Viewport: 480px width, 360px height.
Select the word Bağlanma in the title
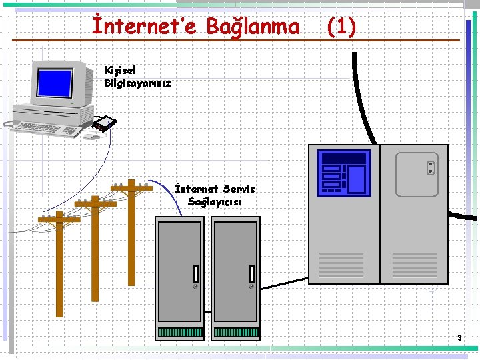tap(253, 27)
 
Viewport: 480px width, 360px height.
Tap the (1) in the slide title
tap(341, 27)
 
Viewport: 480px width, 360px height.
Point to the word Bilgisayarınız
tap(138, 83)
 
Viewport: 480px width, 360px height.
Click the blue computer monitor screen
tap(55, 83)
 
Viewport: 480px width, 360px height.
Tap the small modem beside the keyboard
tap(104, 123)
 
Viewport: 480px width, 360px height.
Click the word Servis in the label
tap(239, 189)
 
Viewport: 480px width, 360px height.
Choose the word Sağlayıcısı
tap(214, 201)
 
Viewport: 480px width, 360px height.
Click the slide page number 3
tap(459, 338)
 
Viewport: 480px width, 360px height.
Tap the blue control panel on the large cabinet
tap(343, 172)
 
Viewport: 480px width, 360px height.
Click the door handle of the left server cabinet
tap(196, 273)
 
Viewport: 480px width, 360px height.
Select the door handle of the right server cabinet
tap(252, 273)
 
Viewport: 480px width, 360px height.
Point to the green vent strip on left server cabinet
tap(180, 331)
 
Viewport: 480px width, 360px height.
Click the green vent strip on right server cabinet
tap(236, 331)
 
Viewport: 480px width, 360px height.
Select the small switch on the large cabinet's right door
tap(431, 167)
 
